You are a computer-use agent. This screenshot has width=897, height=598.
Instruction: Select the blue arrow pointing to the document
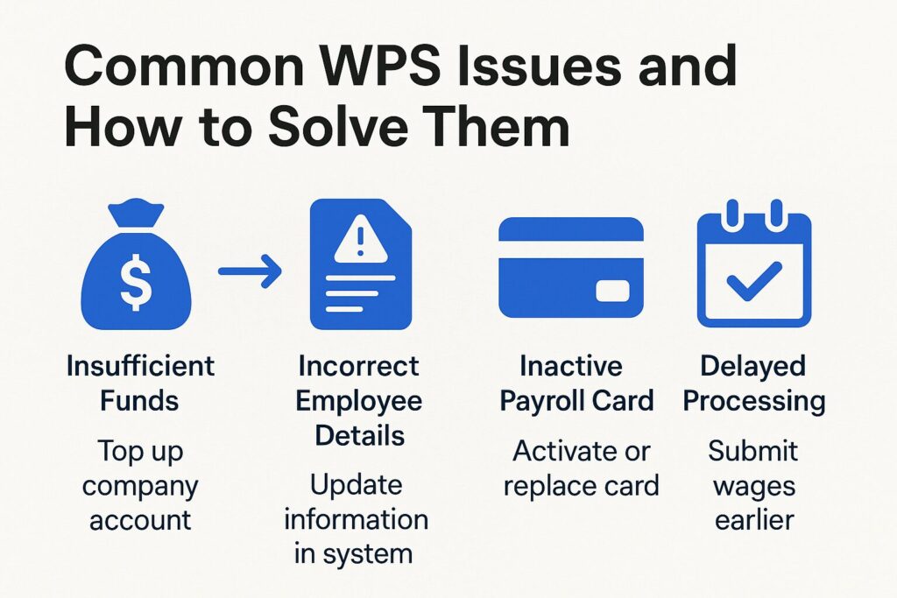click(249, 273)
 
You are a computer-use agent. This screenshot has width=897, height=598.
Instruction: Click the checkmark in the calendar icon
click(753, 280)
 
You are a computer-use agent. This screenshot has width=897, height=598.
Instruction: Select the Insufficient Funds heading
click(139, 383)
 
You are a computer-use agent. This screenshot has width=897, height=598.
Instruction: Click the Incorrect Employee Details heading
click(358, 401)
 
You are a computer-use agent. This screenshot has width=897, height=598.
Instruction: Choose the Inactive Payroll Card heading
click(576, 383)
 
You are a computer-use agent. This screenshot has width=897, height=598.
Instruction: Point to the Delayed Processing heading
click(753, 383)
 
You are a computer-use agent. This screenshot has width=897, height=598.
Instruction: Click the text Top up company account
click(139, 486)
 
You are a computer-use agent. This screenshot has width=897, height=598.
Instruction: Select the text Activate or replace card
click(581, 468)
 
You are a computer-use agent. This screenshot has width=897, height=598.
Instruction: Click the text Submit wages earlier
click(753, 485)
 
